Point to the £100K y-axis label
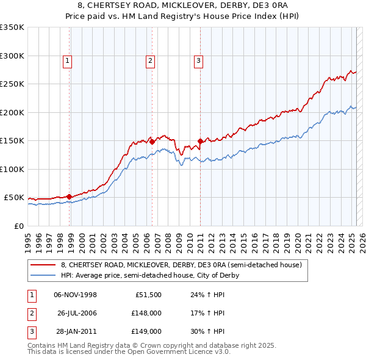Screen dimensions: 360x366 coord(12,169)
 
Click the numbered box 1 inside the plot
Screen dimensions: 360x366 coord(66,60)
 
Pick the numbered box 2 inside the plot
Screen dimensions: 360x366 coord(149,60)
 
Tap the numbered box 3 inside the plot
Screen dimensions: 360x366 coord(198,60)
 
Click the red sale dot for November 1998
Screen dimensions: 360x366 coord(70,196)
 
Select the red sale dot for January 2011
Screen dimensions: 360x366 coord(201,142)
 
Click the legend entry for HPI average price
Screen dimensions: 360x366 coord(149,275)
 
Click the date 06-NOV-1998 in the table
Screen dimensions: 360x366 coord(76,295)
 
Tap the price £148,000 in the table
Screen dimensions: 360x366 coord(146,313)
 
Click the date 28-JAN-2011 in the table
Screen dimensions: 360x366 coord(76,331)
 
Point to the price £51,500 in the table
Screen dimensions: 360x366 coord(148,295)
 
